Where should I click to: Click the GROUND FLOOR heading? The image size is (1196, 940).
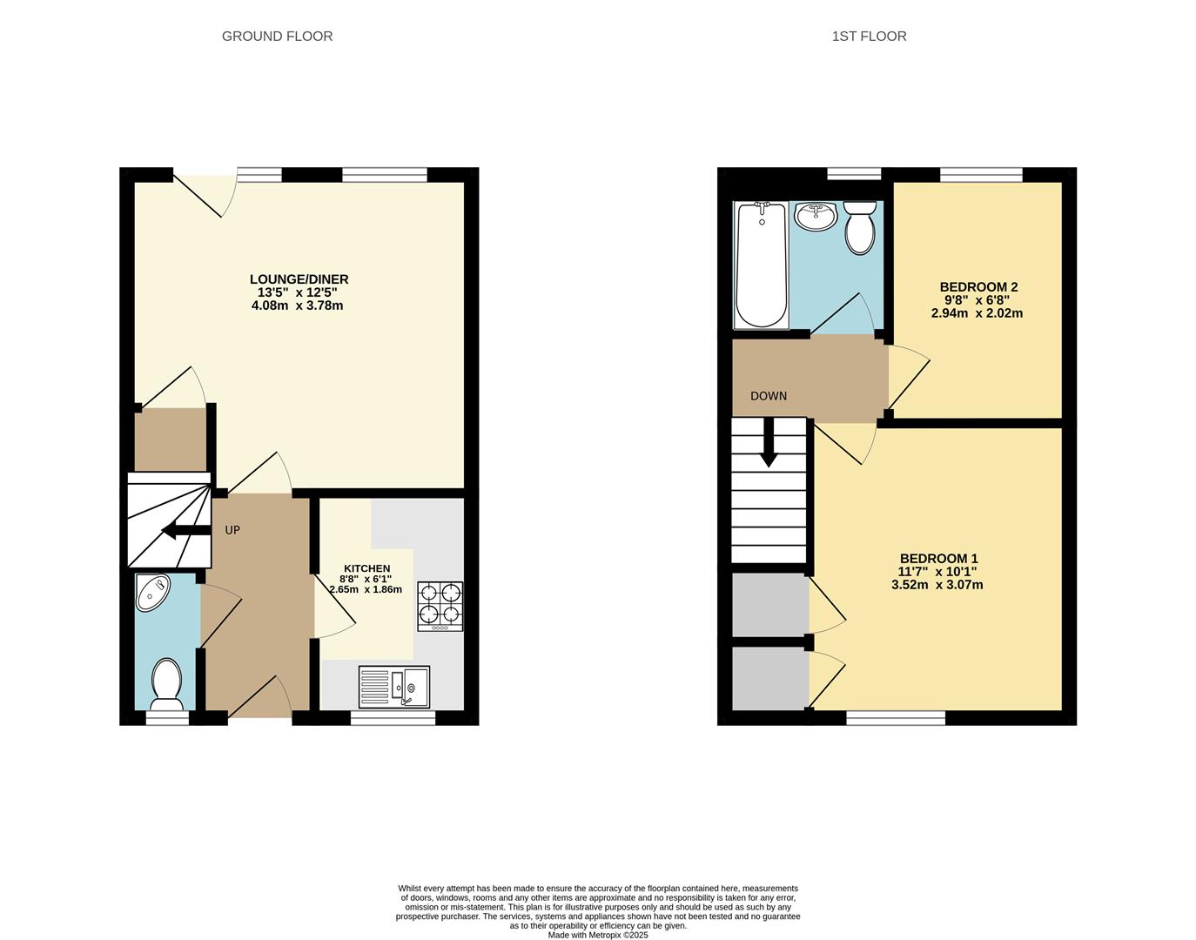tap(277, 36)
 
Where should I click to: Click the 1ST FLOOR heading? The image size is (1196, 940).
tap(869, 36)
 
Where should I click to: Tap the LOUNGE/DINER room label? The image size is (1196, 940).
tap(299, 279)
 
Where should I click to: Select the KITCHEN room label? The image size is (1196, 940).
tap(366, 568)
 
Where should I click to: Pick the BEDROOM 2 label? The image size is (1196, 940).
tap(978, 287)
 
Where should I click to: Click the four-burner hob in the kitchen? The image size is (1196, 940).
tap(440, 606)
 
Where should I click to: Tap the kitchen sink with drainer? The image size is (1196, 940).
tap(393, 687)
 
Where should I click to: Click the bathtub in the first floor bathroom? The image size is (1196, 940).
tap(761, 265)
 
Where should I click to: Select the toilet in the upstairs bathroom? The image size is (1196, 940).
tap(859, 227)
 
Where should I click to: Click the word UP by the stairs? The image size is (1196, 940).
tap(232, 530)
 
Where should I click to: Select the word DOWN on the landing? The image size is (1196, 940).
tap(769, 396)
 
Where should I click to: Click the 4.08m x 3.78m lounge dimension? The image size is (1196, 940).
tap(297, 305)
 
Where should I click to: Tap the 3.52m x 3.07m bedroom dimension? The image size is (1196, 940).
tap(937, 585)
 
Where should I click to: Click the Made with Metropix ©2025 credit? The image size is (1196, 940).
tap(597, 935)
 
